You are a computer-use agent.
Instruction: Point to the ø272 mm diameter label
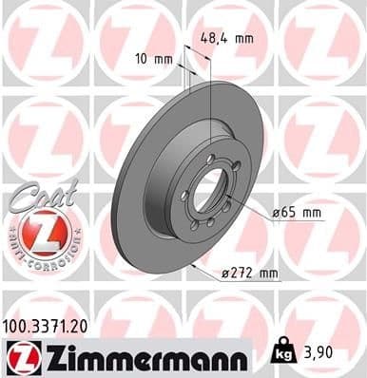pos(243,274)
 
